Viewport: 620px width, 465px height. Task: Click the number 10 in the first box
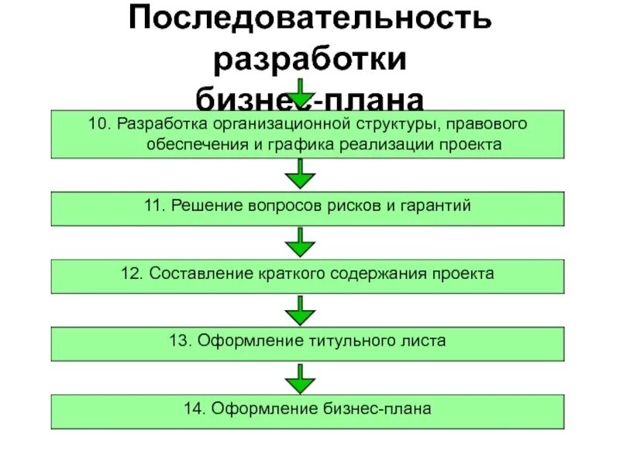click(x=98, y=125)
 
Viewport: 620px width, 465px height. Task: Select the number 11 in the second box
click(x=154, y=206)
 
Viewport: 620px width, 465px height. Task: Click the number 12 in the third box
click(x=132, y=274)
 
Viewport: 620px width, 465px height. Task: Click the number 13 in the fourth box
click(x=180, y=341)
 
